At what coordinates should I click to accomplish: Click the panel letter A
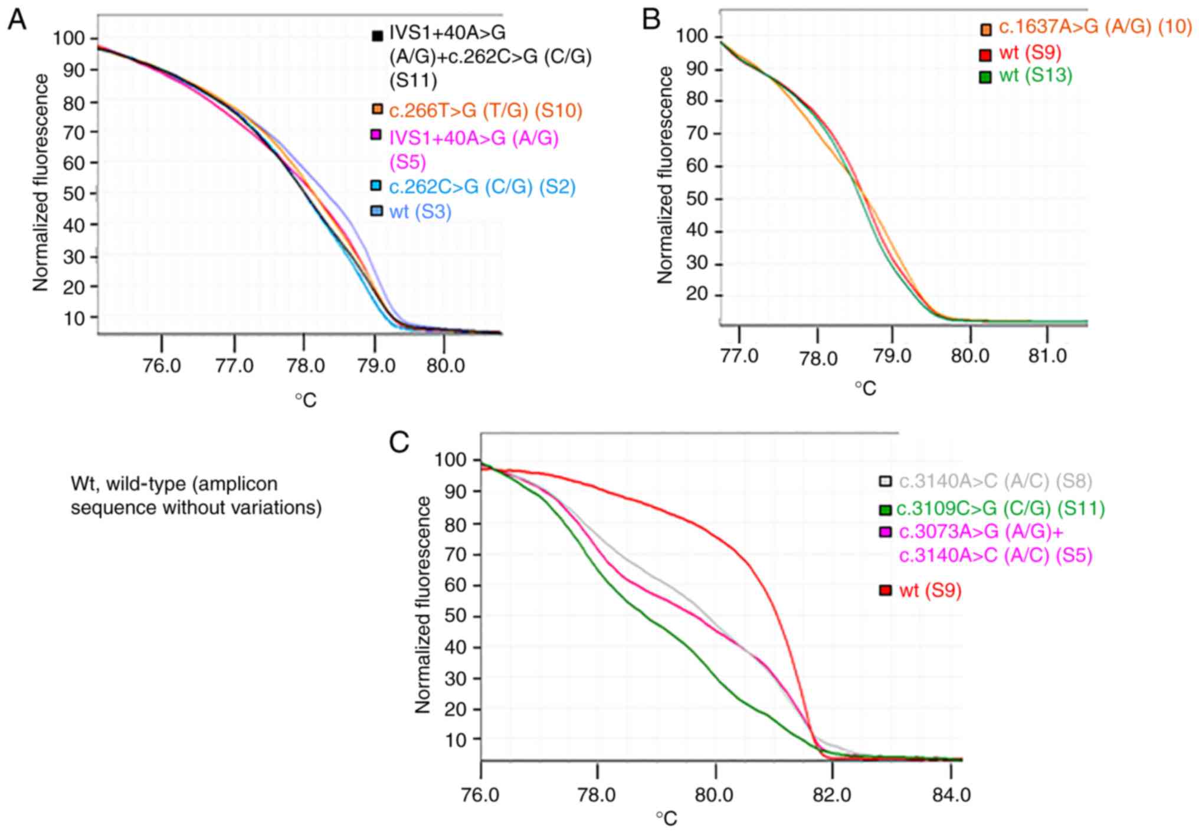tap(17, 21)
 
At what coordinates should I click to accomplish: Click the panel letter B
tap(651, 19)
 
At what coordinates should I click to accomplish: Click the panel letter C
tap(399, 442)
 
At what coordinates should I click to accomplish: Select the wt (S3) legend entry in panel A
tap(420, 211)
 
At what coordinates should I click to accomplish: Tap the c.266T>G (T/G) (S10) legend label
tap(485, 110)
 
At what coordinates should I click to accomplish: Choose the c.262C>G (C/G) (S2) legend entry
tap(481, 187)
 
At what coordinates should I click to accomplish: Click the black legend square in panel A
tap(377, 35)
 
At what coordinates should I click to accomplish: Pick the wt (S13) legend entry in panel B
tap(1035, 76)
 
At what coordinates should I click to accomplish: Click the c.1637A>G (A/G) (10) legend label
tap(1095, 28)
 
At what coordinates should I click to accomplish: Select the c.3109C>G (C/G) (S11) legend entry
tap(1000, 508)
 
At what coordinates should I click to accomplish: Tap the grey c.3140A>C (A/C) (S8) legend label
tap(995, 481)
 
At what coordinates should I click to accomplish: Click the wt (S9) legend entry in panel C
tap(930, 590)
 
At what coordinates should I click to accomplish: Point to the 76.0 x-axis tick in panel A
tap(162, 366)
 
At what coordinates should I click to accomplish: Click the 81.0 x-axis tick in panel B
tap(1047, 356)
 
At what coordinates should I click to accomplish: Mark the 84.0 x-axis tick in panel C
tap(951, 795)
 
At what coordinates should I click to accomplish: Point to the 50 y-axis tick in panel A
tap(74, 193)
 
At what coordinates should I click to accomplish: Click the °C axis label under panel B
tap(865, 388)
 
